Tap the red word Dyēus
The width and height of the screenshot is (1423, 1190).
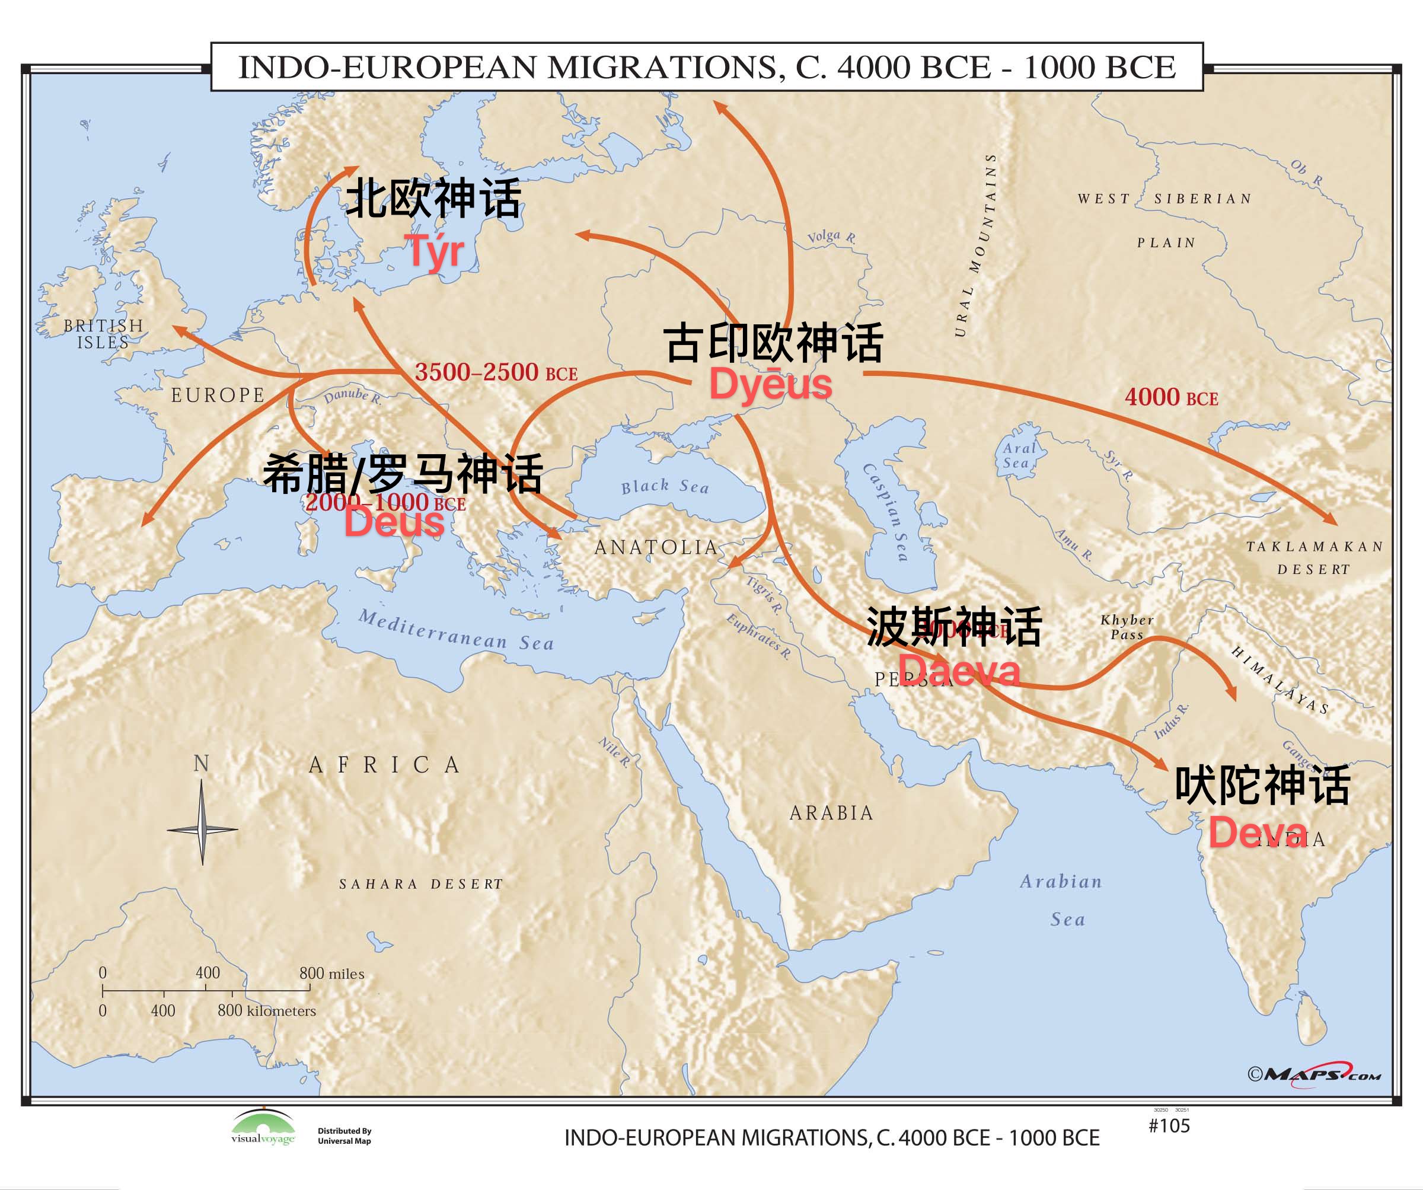point(770,384)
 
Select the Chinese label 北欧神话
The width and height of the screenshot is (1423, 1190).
point(433,199)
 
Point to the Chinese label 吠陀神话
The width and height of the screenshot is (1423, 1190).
point(1262,786)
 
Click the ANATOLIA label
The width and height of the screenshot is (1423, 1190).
point(656,547)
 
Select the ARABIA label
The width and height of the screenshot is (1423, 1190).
point(831,812)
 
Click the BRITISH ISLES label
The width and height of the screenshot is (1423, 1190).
point(104,334)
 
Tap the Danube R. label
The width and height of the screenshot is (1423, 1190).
point(352,397)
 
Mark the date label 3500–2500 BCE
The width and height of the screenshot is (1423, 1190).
point(496,372)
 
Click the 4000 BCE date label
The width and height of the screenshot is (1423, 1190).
point(1171,397)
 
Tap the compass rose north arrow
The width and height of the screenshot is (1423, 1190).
point(202,806)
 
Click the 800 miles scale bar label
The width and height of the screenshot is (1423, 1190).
point(331,974)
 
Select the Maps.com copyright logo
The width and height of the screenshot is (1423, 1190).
point(1314,1075)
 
